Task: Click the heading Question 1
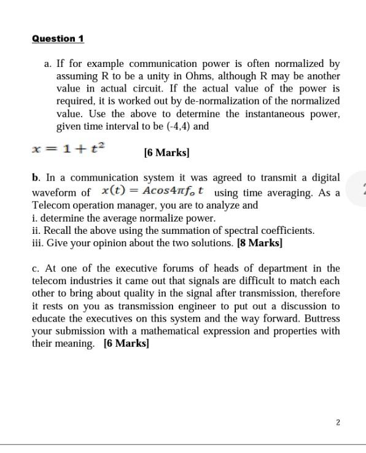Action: coord(58,39)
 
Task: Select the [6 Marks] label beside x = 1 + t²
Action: coord(166,152)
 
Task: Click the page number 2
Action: coord(338,422)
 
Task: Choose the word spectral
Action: coord(246,231)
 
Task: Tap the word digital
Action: coord(324,178)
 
